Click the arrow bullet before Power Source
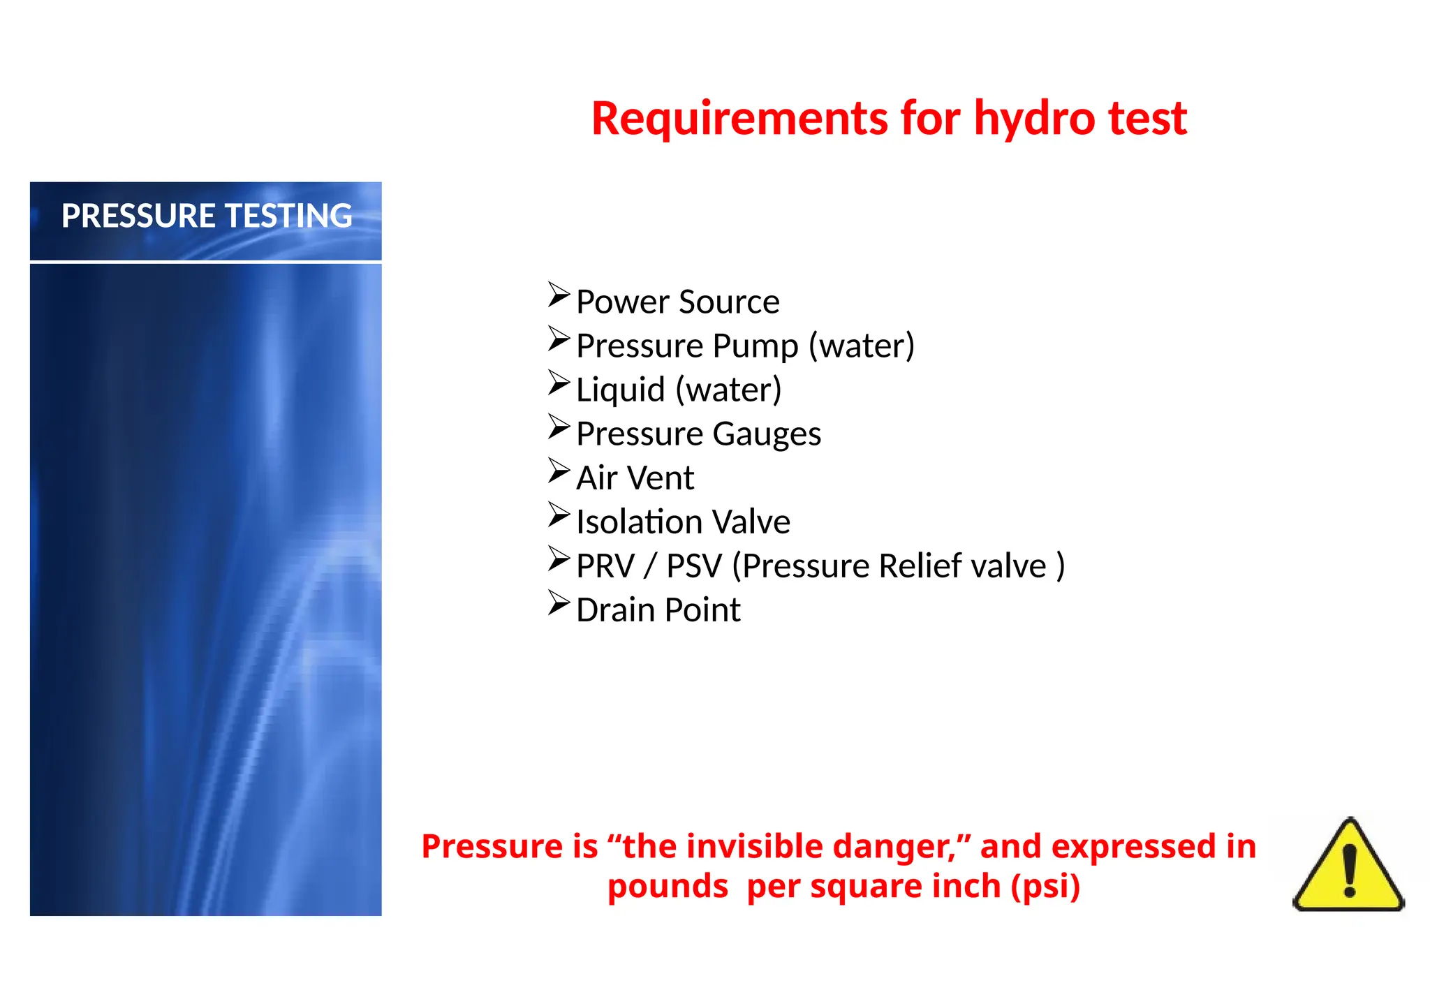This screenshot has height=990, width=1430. [x=559, y=295]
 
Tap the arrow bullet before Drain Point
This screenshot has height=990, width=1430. [x=559, y=603]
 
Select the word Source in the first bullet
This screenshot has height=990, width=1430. [x=729, y=302]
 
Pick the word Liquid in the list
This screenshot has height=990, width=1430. [x=620, y=390]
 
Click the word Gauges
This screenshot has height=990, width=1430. [x=767, y=434]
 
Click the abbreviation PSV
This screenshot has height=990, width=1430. [x=693, y=566]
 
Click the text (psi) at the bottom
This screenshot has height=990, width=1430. [x=1045, y=887]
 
